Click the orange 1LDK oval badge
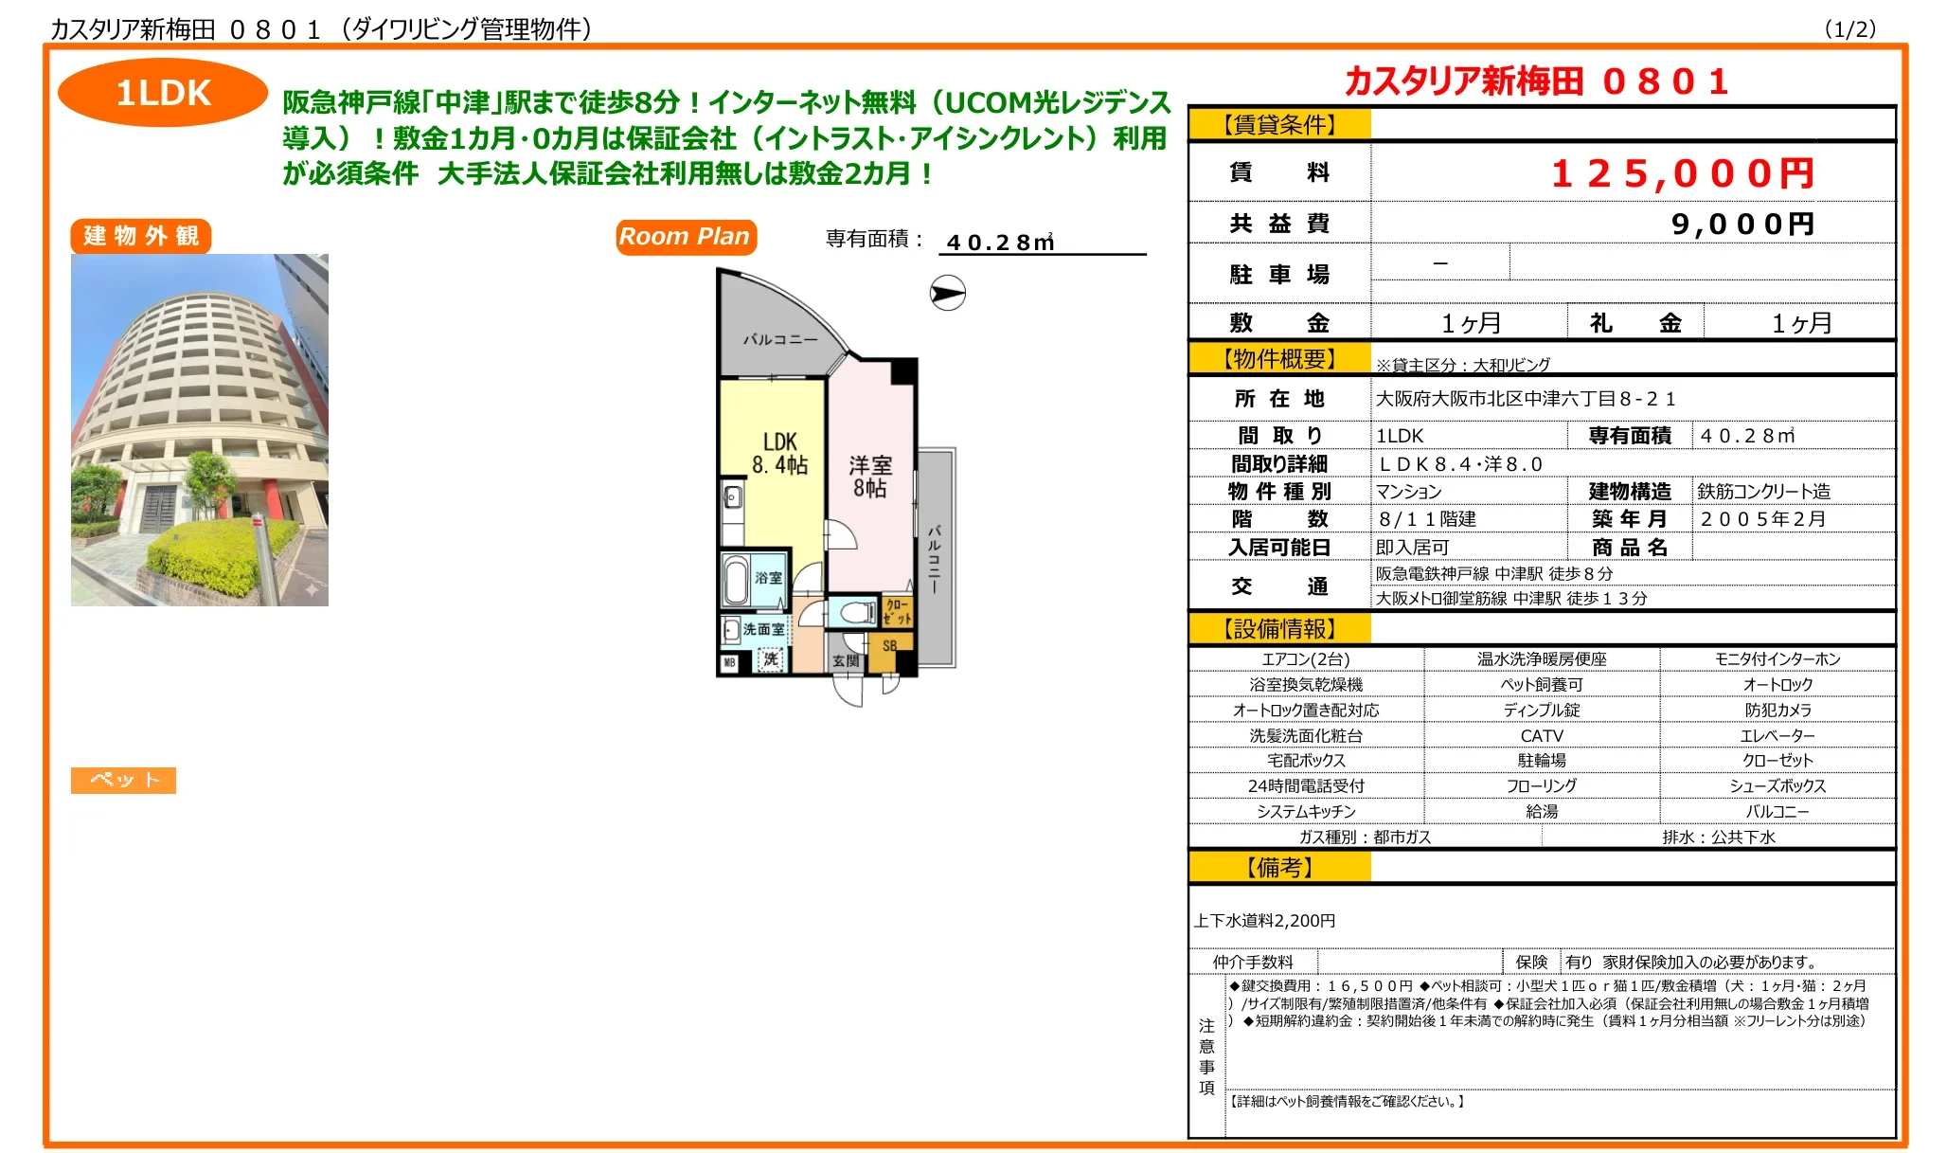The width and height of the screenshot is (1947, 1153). (x=163, y=93)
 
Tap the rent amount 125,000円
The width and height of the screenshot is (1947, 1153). (x=1682, y=173)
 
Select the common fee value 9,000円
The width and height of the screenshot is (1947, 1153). (x=1742, y=224)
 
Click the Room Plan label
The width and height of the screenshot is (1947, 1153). (x=686, y=237)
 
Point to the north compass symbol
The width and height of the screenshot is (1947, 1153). (x=947, y=293)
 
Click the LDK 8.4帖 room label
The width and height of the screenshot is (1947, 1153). (x=780, y=454)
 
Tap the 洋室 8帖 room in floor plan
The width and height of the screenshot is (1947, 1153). (x=870, y=477)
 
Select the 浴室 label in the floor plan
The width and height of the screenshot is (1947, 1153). (x=768, y=577)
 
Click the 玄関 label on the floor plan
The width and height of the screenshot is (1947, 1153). (x=846, y=660)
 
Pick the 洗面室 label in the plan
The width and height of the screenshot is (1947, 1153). (x=763, y=629)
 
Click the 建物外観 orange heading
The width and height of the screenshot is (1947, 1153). (x=141, y=236)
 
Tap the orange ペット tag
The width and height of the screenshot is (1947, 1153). (x=123, y=780)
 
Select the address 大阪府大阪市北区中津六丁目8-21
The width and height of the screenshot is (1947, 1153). (x=1526, y=399)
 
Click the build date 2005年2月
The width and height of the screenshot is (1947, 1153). (x=1762, y=519)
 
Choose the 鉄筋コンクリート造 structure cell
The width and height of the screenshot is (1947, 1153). (x=1763, y=492)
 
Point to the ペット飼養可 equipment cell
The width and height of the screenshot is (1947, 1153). (x=1542, y=684)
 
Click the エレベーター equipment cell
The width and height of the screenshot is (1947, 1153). (x=1777, y=735)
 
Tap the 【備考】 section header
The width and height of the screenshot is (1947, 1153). (x=1279, y=868)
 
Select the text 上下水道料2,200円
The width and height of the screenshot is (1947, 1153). (x=1264, y=921)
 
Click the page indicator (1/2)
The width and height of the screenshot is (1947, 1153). (x=1849, y=29)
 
